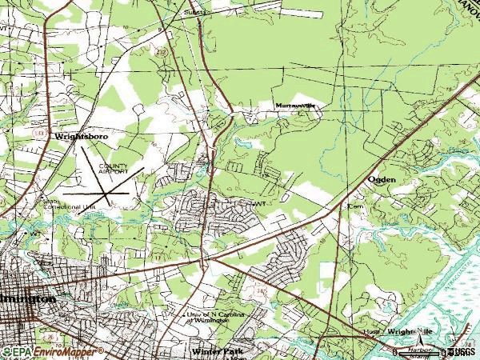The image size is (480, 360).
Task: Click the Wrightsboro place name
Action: point(81,137)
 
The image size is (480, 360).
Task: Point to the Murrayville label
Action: point(295,105)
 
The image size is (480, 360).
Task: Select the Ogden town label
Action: point(382,180)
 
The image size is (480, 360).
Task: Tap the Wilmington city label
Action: point(28,298)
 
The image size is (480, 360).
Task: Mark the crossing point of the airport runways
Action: point(107,193)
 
